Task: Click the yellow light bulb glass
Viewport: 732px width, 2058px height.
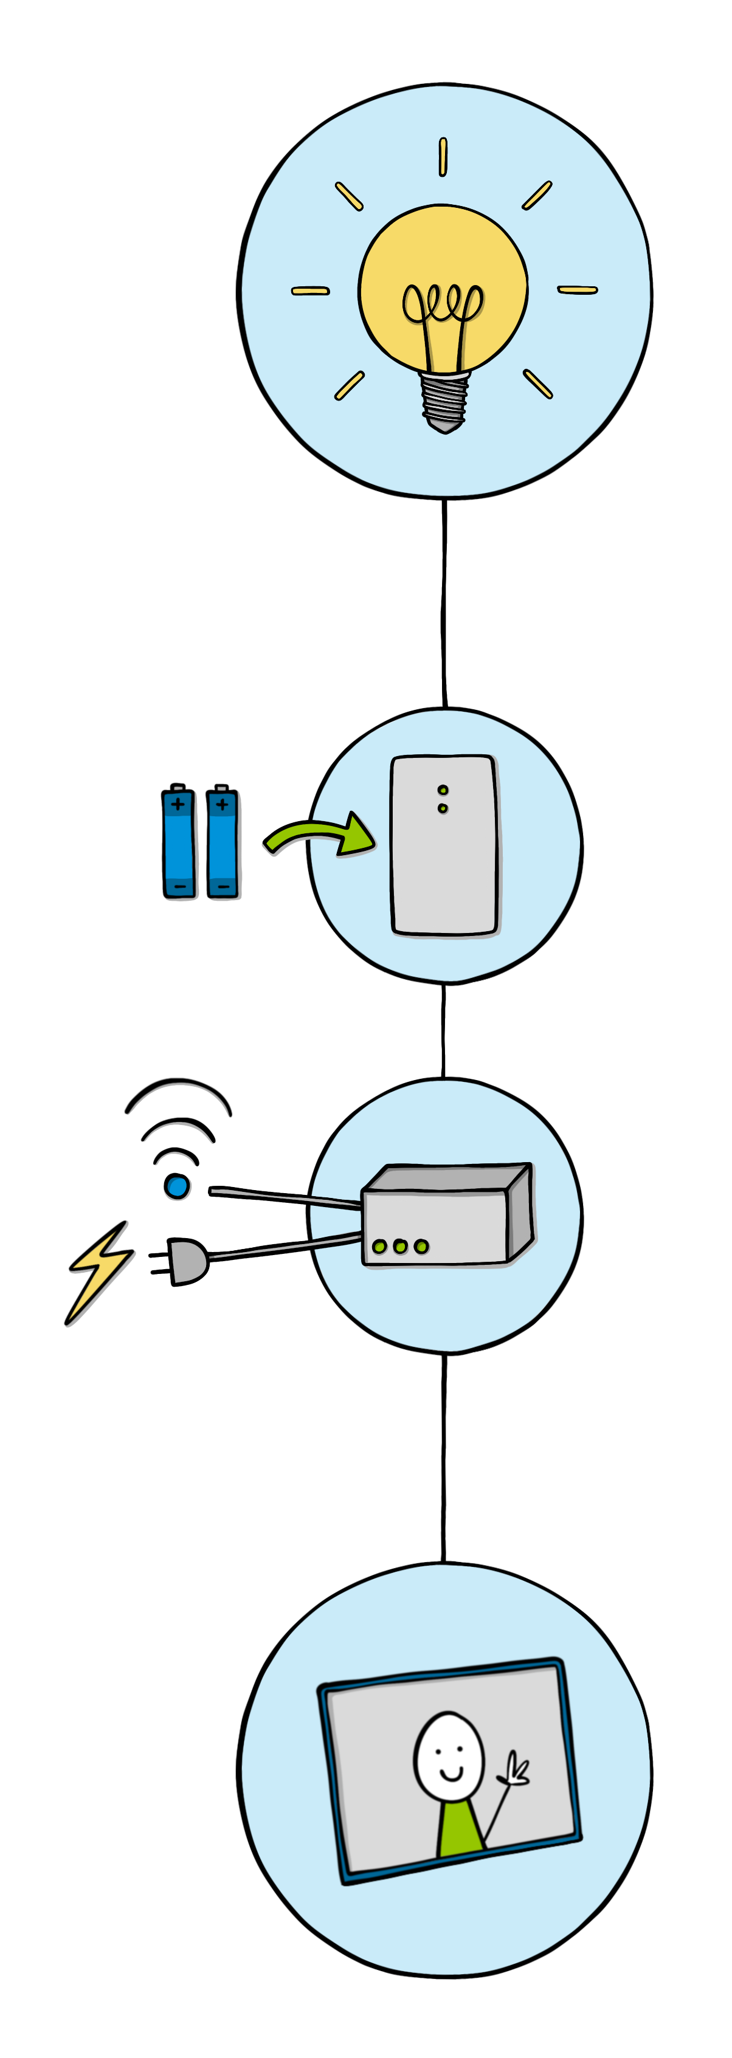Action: point(443,264)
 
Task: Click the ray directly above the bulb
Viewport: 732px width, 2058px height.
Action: point(443,157)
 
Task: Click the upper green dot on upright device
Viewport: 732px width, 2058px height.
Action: point(443,790)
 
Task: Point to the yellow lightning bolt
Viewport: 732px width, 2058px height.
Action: point(99,1270)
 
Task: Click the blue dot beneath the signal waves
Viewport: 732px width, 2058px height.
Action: point(178,1186)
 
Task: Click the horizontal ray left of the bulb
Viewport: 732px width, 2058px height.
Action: point(310,291)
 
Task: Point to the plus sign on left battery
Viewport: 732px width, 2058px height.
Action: point(178,804)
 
